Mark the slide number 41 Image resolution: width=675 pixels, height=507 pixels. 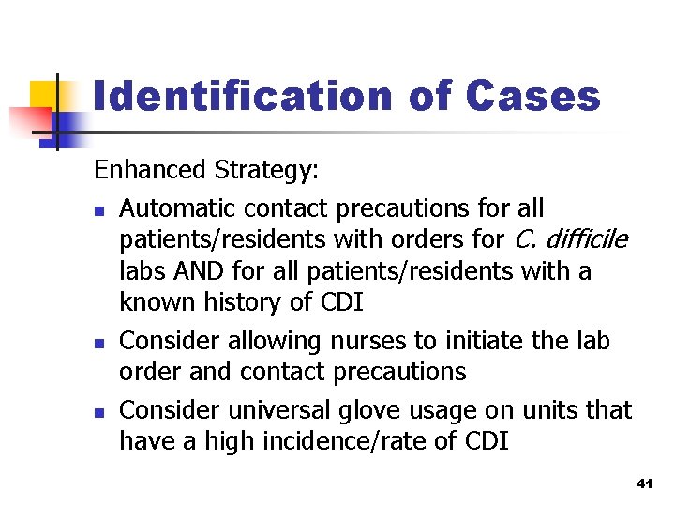pyautogui.click(x=643, y=483)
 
